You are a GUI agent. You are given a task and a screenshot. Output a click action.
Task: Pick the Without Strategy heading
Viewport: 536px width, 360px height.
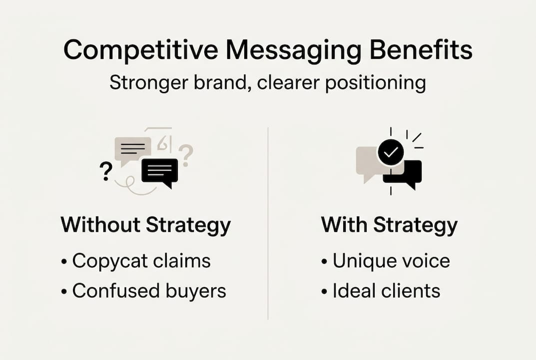(145, 225)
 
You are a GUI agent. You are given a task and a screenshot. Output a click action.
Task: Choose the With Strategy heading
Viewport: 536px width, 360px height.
(389, 225)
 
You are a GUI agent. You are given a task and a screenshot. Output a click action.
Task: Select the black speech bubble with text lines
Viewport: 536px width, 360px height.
(160, 171)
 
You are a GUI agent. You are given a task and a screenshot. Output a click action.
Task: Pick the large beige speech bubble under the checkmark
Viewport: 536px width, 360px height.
(370, 162)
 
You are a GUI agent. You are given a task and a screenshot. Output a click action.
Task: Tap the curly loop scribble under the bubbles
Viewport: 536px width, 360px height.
(131, 186)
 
